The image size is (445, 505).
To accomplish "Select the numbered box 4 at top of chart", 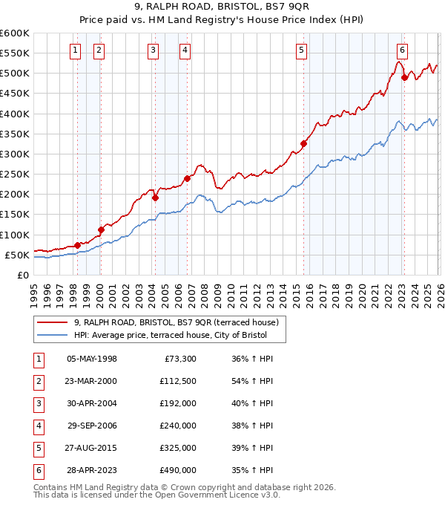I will pos(185,50).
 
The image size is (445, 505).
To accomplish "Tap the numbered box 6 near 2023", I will pos(402,50).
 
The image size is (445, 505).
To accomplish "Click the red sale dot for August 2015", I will pos(303,143).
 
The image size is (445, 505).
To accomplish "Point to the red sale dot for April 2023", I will pos(404,77).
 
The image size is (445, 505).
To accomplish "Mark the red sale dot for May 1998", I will pos(77,245).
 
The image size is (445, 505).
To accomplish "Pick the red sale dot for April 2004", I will pos(155,198).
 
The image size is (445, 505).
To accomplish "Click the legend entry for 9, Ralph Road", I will pos(176,322).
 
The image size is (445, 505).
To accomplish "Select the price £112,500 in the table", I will pos(177,381).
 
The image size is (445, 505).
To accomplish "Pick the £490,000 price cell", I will pos(177,470).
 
